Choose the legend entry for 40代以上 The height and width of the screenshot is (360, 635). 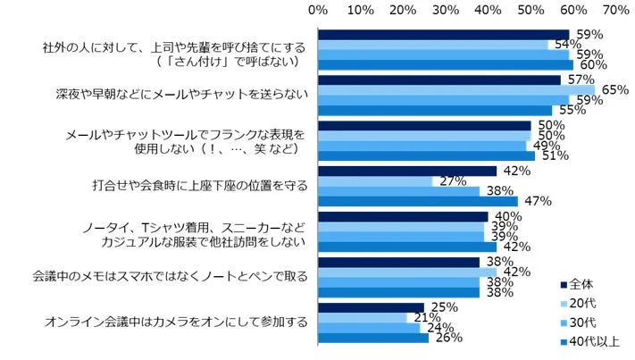[x=596, y=340]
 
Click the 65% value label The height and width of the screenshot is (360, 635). [x=616, y=90]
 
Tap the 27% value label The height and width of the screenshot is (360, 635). [x=448, y=181]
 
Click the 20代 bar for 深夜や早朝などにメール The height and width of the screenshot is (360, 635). [x=455, y=90]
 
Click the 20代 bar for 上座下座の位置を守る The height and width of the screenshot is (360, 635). [x=375, y=181]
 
